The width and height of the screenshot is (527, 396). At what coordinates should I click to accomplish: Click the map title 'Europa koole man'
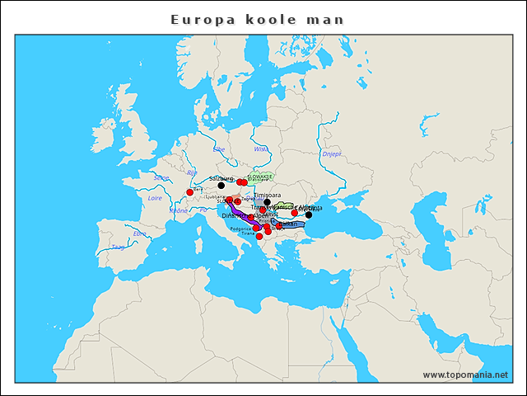pos(257,18)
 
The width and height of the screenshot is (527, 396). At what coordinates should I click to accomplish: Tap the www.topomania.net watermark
pos(465,375)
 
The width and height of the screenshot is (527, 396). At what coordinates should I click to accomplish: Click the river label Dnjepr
pos(331,153)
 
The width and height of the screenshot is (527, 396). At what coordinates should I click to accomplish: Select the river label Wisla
pos(260,149)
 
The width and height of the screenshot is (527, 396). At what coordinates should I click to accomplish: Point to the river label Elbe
pos(219,149)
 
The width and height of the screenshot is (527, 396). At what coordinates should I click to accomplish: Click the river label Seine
pos(161,177)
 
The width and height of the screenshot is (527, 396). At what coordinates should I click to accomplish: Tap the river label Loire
pos(155,198)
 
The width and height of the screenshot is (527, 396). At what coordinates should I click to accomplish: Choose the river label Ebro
pos(140,233)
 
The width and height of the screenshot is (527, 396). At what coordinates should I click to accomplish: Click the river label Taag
pos(119,247)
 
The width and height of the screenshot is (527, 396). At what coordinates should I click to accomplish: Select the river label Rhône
pos(179,210)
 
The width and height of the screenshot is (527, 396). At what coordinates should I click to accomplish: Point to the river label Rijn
pos(193,173)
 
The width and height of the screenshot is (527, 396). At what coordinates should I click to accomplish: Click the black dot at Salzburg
pos(221,185)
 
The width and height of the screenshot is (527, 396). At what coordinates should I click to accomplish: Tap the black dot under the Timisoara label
pos(267,202)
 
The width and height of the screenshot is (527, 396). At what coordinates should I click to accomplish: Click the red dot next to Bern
pos(189,192)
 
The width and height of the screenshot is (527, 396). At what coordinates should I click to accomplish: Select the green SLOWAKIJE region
pos(261,177)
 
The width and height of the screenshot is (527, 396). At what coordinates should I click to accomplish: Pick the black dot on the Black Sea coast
pos(309,214)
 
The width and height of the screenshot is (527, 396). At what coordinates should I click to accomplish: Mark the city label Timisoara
pos(267,196)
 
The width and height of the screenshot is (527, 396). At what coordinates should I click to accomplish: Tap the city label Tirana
pos(250,234)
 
